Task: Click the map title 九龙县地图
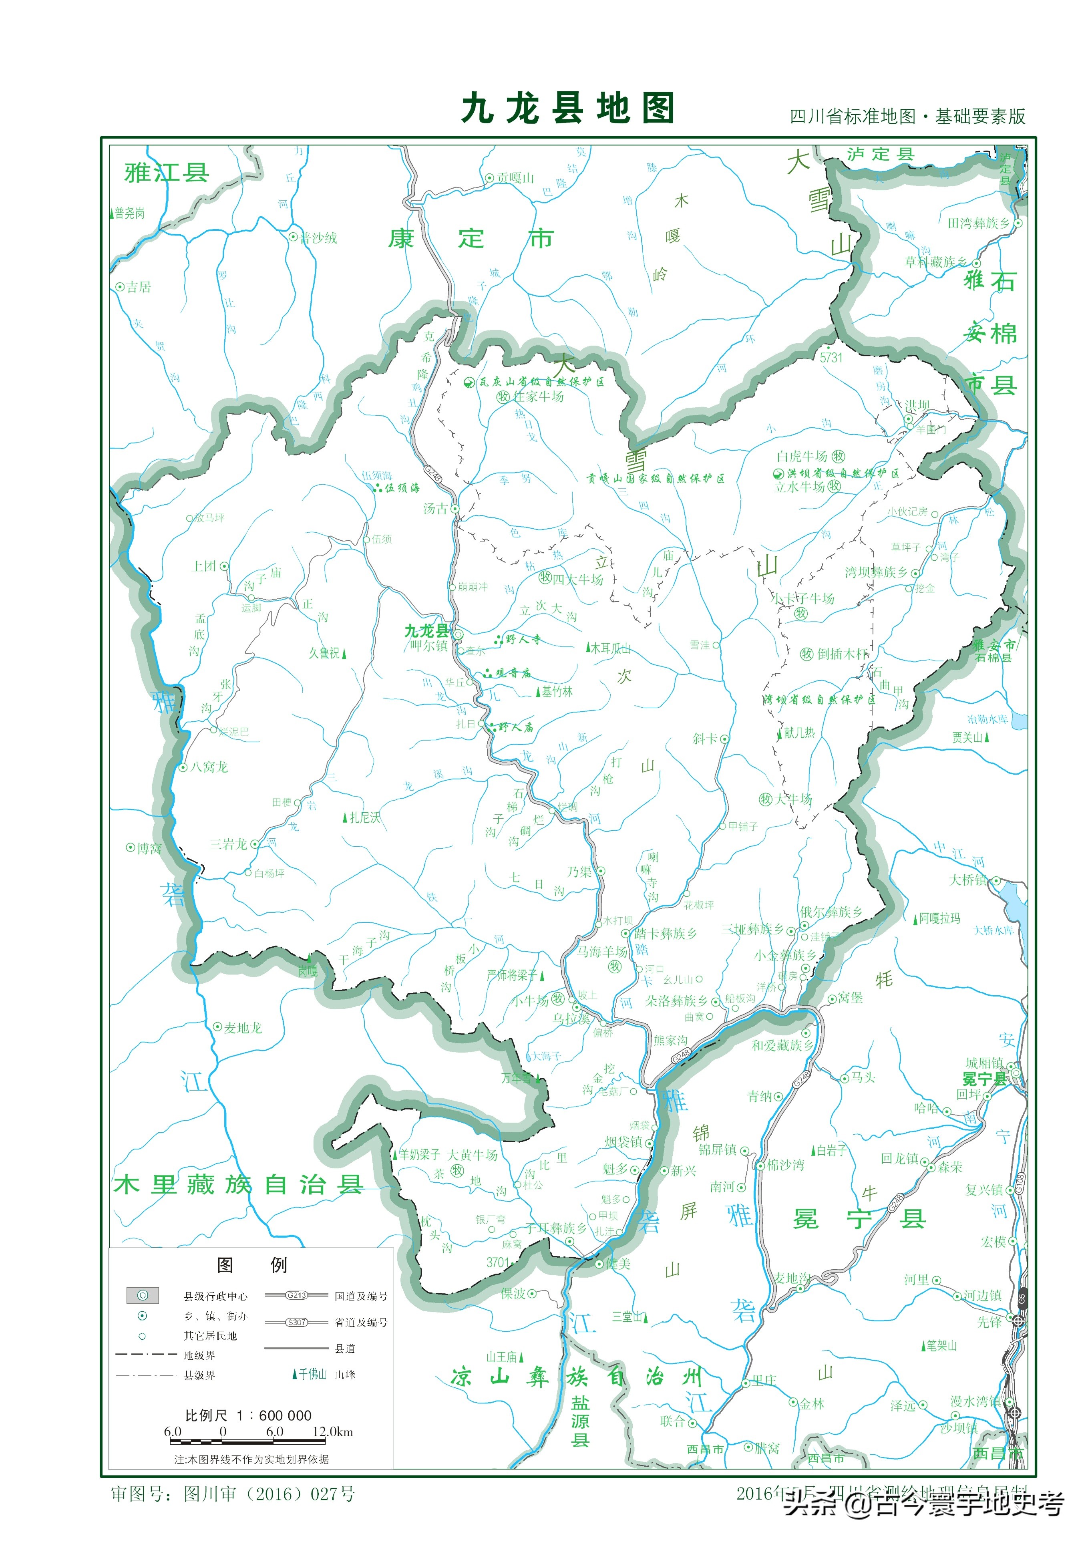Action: (567, 109)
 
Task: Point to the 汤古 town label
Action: (435, 508)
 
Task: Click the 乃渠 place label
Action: (579, 872)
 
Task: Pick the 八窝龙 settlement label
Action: (209, 767)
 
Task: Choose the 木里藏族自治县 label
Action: (238, 1184)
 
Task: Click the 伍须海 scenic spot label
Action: (402, 488)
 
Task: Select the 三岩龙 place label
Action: (228, 844)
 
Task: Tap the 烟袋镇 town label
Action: (623, 1142)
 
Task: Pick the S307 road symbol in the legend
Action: (296, 1322)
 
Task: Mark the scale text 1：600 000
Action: (274, 1415)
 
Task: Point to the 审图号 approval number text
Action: (232, 1494)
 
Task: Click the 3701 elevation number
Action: (498, 1262)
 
